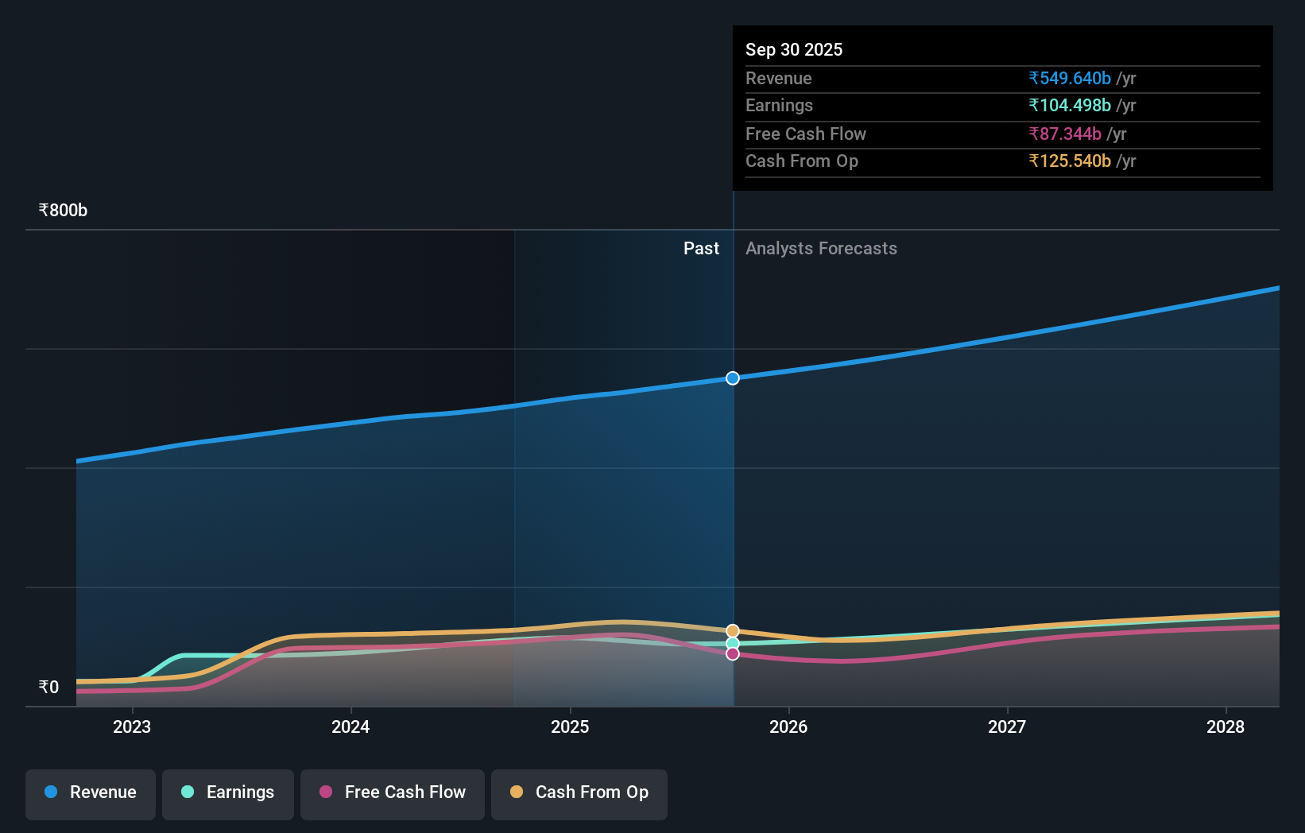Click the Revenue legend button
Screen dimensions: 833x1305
91,792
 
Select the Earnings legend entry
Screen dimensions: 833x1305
228,792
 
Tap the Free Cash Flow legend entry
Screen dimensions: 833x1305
393,792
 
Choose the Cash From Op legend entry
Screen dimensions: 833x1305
579,792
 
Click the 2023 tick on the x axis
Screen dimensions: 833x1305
132,726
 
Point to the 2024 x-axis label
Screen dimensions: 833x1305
350,726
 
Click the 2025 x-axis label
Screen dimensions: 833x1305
570,726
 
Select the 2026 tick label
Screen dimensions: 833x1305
788,726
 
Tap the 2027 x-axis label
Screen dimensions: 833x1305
1007,726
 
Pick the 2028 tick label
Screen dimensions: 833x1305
1226,726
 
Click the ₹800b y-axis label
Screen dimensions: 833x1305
63,211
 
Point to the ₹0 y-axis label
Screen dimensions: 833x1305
48,688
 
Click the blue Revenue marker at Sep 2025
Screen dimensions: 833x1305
733,378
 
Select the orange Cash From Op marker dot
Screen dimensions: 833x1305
733,631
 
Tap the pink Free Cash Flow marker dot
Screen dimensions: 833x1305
733,653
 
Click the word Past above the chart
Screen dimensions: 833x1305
701,249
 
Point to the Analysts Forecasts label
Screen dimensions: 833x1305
821,249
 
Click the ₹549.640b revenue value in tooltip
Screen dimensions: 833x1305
1070,79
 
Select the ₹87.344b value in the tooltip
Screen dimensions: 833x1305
1065,134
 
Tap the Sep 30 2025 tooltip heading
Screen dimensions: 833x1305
794,50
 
